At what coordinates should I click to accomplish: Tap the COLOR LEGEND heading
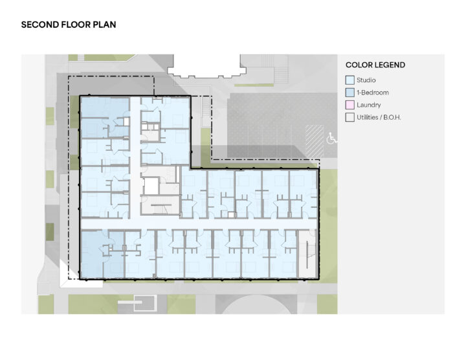click(375, 65)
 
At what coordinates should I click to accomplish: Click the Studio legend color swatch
click(349, 80)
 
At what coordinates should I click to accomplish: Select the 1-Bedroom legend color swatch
click(349, 93)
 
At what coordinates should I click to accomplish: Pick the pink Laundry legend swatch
click(349, 105)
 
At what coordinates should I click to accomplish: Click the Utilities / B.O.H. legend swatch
click(349, 117)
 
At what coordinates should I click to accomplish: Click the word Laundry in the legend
click(368, 105)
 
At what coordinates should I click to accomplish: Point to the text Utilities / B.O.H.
click(379, 117)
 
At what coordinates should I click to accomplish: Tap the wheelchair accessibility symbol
click(331, 138)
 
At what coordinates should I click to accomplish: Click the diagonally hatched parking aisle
click(315, 141)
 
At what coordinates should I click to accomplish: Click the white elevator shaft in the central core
click(151, 186)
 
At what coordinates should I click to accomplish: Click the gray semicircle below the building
click(256, 306)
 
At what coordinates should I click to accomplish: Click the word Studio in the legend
click(366, 80)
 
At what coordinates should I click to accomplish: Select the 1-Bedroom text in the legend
click(373, 93)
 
